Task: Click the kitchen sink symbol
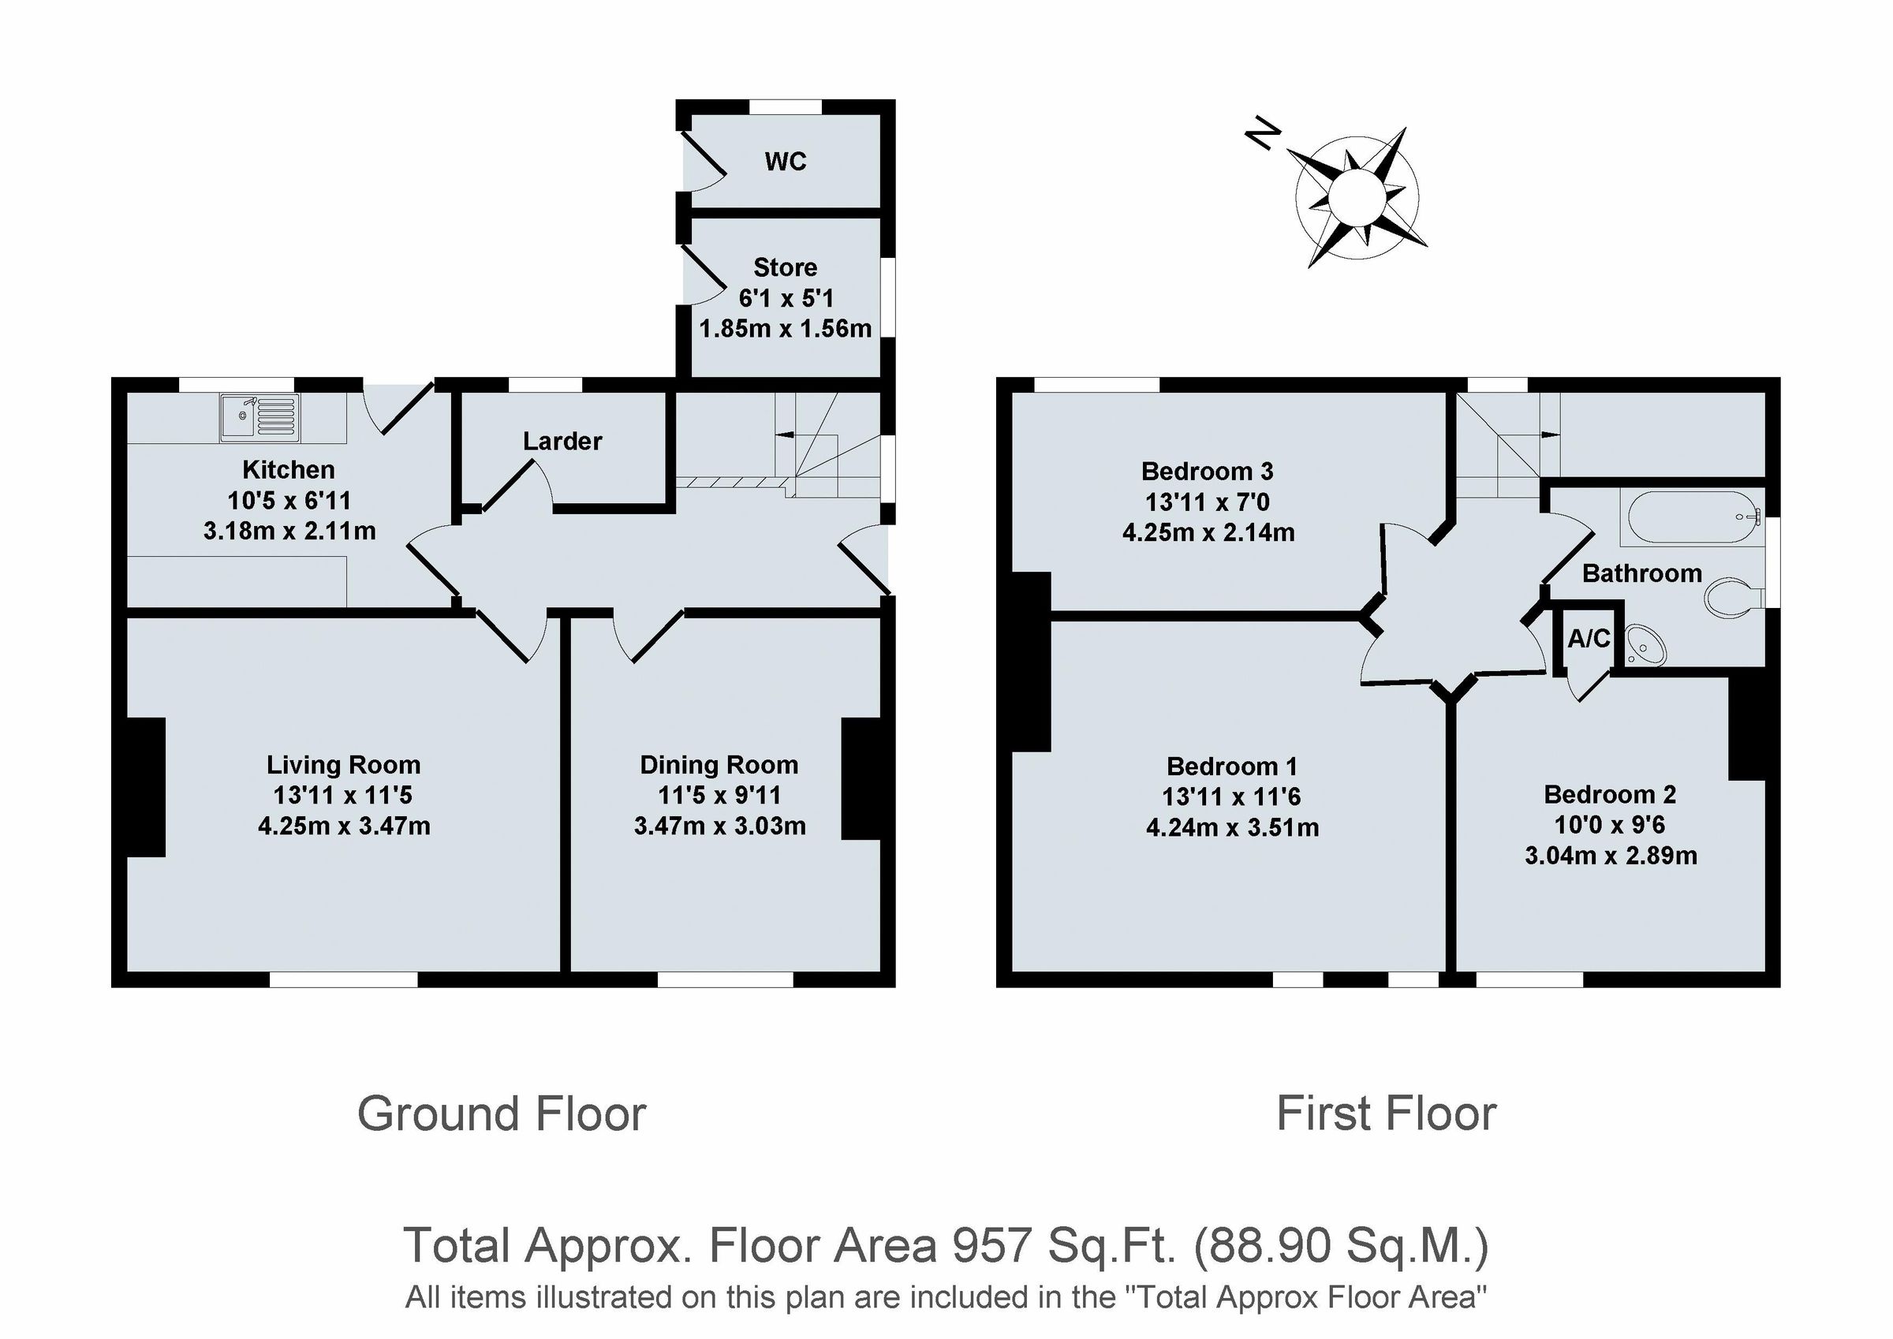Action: coord(259,416)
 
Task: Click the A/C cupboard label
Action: coord(1589,638)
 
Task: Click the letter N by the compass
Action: coord(1262,134)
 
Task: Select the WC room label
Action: coord(785,162)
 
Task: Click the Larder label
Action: coord(562,441)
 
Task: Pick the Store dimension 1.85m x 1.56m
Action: coord(785,329)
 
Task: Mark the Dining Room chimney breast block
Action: coord(861,779)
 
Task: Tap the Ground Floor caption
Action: coord(502,1114)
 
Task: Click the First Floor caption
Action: coord(1386,1114)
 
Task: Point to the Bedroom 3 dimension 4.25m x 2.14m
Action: coord(1208,532)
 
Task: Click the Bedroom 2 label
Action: coord(1609,795)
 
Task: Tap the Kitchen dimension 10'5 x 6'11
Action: coord(289,501)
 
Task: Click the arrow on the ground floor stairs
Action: coord(785,435)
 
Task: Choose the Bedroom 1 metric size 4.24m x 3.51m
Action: coord(1232,828)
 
